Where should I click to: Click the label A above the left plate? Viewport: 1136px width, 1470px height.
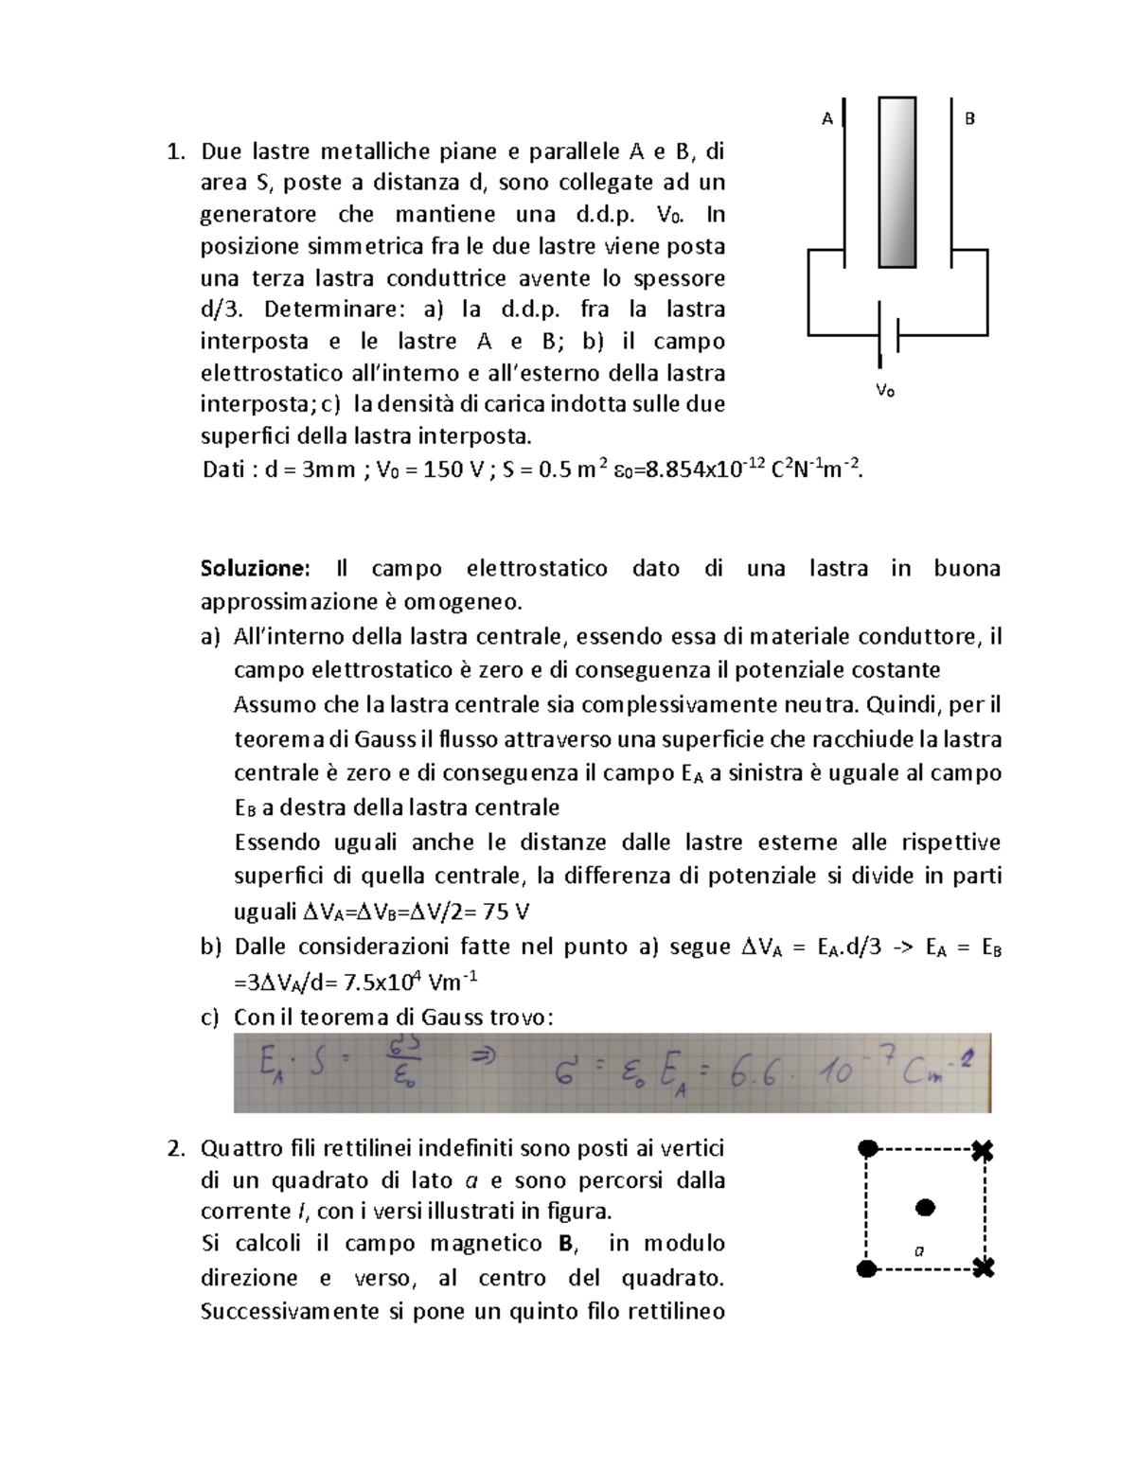(827, 119)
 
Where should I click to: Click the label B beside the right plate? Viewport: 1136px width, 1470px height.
(969, 119)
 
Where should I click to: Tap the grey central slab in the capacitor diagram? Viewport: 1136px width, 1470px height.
(896, 182)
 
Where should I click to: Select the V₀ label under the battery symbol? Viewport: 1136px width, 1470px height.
(885, 390)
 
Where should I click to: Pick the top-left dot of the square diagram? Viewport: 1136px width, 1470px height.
(866, 1149)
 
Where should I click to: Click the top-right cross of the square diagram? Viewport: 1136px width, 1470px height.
(984, 1151)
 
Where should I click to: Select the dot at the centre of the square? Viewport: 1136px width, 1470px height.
(926, 1207)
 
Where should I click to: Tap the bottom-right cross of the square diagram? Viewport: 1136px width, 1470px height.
(985, 1267)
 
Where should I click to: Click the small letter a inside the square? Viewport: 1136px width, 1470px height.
(917, 1250)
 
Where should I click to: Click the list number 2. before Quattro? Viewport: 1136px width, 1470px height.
(173, 1149)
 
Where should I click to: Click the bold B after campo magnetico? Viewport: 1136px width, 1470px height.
(566, 1243)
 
